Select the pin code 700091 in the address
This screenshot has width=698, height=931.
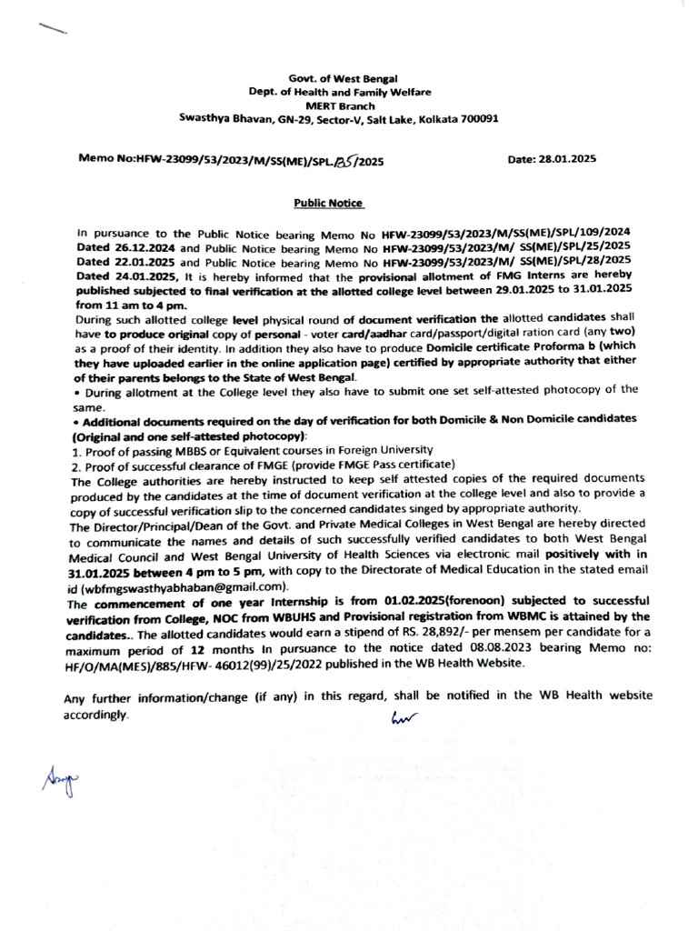(x=479, y=119)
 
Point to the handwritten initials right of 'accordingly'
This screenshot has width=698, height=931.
(x=400, y=717)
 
